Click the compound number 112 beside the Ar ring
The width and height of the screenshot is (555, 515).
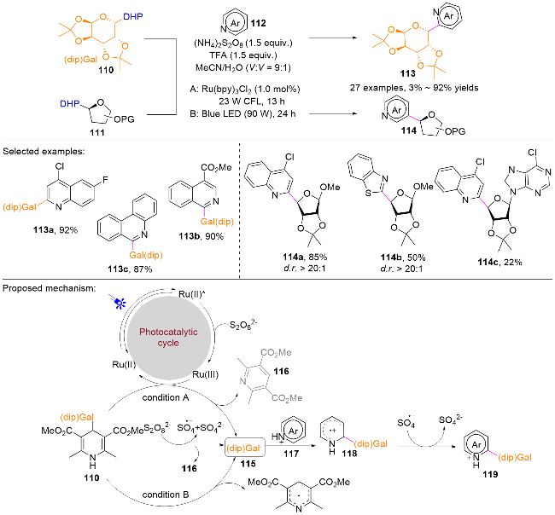pos(258,23)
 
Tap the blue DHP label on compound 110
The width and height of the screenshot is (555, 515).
pos(133,16)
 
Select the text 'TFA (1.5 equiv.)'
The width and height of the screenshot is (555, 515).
pos(243,55)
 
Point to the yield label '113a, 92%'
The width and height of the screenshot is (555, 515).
pos(55,230)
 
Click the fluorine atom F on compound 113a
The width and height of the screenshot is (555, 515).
pos(105,180)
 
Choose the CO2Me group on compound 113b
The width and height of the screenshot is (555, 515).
pos(216,167)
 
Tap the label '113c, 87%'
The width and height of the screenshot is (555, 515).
pos(130,269)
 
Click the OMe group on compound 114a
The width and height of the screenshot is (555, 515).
pos(330,187)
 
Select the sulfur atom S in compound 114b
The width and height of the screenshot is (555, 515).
pos(368,194)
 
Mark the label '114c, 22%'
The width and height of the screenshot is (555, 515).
pos(499,262)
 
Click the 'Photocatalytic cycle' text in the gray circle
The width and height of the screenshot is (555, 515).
pos(168,337)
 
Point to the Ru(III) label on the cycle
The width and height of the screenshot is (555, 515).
pos(205,374)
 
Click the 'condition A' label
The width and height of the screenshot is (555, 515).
pos(166,397)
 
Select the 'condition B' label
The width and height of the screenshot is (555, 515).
pos(166,495)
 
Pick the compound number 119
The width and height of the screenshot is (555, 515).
pos(490,474)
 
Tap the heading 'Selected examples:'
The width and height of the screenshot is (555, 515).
pos(44,151)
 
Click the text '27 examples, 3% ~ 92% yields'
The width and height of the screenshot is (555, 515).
pos(414,88)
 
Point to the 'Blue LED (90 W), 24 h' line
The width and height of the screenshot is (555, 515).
pos(242,113)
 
